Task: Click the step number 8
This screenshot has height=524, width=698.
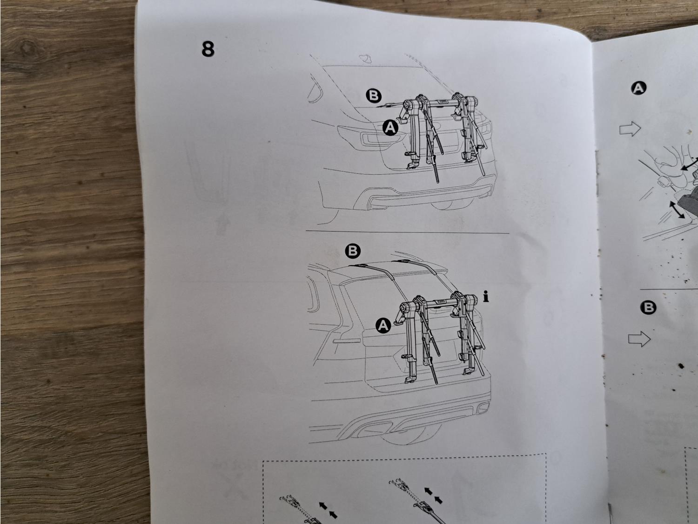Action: point(208,49)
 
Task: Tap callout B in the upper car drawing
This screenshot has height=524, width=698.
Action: point(374,95)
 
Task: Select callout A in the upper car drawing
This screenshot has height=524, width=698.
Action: point(390,128)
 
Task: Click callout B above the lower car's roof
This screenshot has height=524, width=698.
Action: point(353,251)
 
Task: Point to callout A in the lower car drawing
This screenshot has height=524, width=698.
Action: point(383,325)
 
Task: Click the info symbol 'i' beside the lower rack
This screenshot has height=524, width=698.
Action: point(486,296)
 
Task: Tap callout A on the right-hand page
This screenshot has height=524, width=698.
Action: point(638,88)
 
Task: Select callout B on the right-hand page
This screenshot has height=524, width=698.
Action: point(648,308)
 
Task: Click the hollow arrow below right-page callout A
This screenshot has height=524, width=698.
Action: point(630,129)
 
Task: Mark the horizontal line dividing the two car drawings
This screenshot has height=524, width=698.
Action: point(407,231)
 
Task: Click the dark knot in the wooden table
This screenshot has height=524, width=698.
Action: point(29,50)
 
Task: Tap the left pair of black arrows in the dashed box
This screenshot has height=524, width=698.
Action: point(328,510)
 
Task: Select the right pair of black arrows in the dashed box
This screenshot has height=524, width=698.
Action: point(433,496)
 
